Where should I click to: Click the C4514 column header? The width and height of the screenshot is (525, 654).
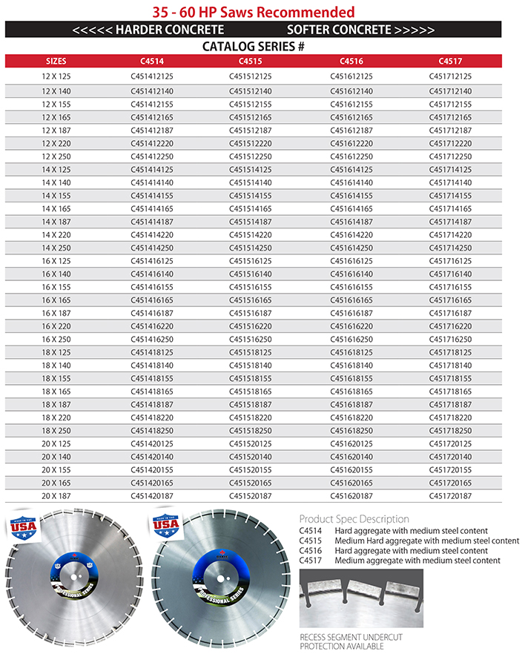pos(151,61)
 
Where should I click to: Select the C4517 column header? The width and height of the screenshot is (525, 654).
pos(450,61)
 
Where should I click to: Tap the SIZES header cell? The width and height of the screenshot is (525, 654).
pos(56,61)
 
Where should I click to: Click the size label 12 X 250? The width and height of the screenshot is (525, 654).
pos(56,156)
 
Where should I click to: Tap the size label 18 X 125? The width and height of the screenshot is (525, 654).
pos(56,352)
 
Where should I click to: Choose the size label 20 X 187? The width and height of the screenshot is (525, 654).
pos(56,495)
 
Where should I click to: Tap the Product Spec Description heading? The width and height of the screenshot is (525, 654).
pos(354,519)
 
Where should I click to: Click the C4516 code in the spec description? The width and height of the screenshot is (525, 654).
pos(309,551)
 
